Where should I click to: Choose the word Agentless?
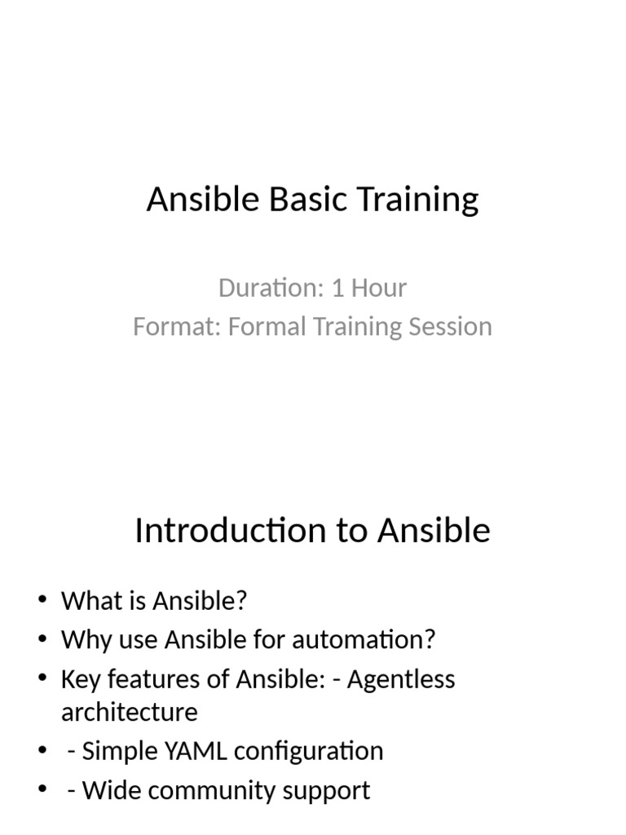tap(401, 679)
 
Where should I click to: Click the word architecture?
tap(129, 713)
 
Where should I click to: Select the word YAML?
tap(193, 751)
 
